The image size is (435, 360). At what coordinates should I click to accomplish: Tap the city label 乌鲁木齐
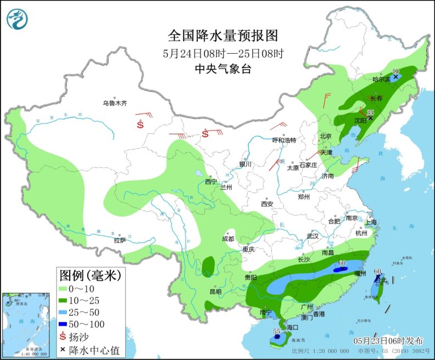(x=115, y=103)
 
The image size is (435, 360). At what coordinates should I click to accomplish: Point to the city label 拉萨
(x=120, y=240)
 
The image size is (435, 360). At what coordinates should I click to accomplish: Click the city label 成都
(x=228, y=239)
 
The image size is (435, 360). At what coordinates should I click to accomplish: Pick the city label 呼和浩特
(x=284, y=140)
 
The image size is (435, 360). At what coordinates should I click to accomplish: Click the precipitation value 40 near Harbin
(x=395, y=71)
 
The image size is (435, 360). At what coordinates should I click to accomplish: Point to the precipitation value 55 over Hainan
(x=276, y=331)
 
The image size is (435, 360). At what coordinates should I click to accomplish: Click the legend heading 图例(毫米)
(x=89, y=274)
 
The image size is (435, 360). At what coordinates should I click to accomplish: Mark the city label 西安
(x=267, y=204)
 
